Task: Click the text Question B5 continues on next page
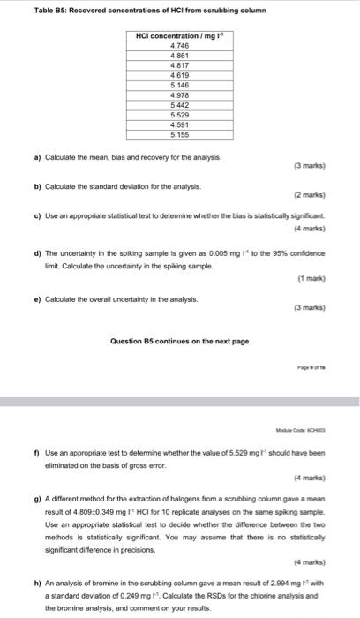tap(179, 341)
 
